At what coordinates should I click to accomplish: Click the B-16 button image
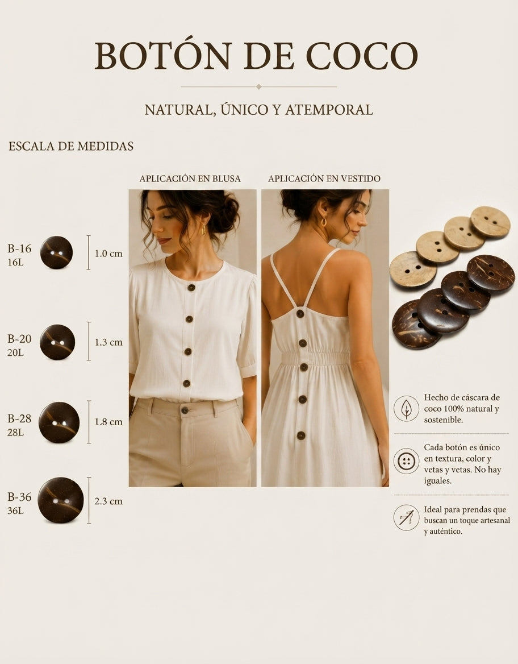(x=56, y=252)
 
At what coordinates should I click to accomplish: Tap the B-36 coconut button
(x=61, y=500)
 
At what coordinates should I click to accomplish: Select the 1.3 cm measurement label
(x=108, y=342)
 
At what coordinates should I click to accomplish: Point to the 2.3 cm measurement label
(x=108, y=501)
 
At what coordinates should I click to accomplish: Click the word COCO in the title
(x=362, y=56)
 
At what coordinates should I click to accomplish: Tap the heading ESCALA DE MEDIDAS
(x=71, y=146)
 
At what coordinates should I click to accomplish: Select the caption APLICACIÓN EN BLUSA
(x=190, y=179)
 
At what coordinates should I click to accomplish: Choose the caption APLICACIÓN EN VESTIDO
(x=324, y=179)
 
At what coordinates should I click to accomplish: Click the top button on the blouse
(x=191, y=288)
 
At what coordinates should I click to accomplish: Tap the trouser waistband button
(x=185, y=410)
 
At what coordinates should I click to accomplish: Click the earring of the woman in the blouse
(x=203, y=230)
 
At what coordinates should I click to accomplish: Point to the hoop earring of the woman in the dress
(x=324, y=222)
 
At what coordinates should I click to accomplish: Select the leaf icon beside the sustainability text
(x=406, y=409)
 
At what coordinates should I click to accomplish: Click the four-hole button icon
(x=406, y=460)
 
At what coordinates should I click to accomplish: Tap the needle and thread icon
(x=406, y=517)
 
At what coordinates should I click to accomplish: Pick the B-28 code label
(x=19, y=418)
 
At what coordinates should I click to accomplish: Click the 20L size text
(x=15, y=352)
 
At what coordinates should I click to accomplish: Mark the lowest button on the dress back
(x=301, y=435)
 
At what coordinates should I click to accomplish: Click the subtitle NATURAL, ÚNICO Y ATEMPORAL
(x=258, y=110)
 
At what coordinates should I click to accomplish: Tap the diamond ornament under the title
(x=258, y=87)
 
